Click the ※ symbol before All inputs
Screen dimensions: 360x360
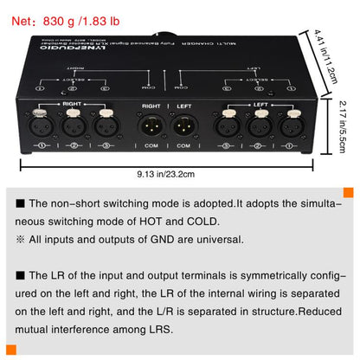pos(21,240)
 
